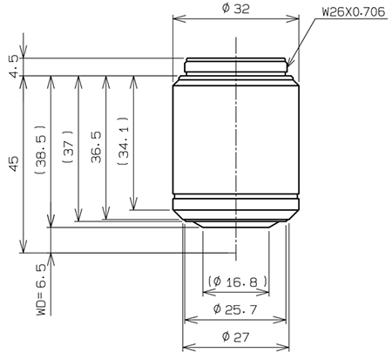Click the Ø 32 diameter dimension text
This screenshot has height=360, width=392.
coord(237,8)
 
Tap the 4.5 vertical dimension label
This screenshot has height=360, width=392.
coord(13,68)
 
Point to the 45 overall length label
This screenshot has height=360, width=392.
coord(13,165)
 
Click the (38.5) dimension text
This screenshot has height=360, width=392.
coord(39,150)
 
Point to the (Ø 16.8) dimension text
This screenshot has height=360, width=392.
coord(236,281)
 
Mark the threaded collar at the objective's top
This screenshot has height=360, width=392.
coord(236,66)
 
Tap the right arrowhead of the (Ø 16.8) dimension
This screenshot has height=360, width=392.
coord(265,291)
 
